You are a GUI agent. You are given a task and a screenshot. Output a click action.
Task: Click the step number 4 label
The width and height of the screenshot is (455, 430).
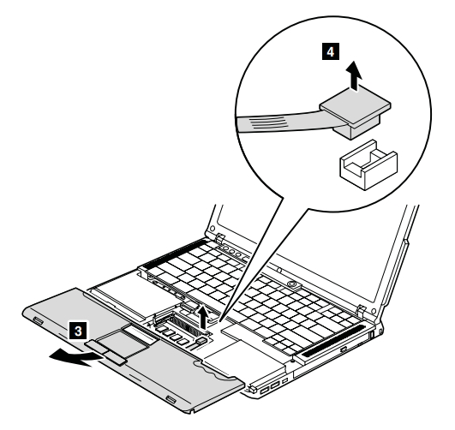tap(331, 52)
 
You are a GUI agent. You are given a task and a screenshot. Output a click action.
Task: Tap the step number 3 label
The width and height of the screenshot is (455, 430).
tap(78, 330)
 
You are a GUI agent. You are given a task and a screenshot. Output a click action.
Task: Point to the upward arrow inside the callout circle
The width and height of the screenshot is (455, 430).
tap(354, 75)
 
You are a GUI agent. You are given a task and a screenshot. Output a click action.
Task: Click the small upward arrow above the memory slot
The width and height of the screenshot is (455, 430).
tap(204, 317)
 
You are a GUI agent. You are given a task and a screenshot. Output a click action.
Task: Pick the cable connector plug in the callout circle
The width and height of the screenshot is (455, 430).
tap(355, 113)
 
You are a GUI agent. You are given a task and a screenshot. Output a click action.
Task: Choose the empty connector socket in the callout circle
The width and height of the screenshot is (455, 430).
tap(368, 164)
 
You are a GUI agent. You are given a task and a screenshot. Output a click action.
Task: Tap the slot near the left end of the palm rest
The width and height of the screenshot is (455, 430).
tap(38, 320)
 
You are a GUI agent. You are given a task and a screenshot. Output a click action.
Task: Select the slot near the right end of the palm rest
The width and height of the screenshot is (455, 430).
tap(171, 400)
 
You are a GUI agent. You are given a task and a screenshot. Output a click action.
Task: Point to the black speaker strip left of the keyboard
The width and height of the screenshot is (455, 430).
tap(175, 252)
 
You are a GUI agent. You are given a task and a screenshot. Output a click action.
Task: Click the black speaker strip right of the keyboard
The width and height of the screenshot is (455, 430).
tap(333, 341)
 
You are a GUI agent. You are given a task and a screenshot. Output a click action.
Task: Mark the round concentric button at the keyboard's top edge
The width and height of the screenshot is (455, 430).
tap(291, 283)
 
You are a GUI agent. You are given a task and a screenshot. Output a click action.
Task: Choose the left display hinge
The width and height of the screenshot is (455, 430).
tap(220, 238)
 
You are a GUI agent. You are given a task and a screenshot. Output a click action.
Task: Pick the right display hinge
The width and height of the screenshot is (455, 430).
tap(361, 310)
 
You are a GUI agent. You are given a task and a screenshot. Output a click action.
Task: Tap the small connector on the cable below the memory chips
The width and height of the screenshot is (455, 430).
tap(202, 340)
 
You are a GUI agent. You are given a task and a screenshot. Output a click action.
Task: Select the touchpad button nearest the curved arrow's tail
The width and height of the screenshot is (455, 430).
tap(114, 358)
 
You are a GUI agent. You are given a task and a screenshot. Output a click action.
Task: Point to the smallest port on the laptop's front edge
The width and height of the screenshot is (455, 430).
tap(285, 380)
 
